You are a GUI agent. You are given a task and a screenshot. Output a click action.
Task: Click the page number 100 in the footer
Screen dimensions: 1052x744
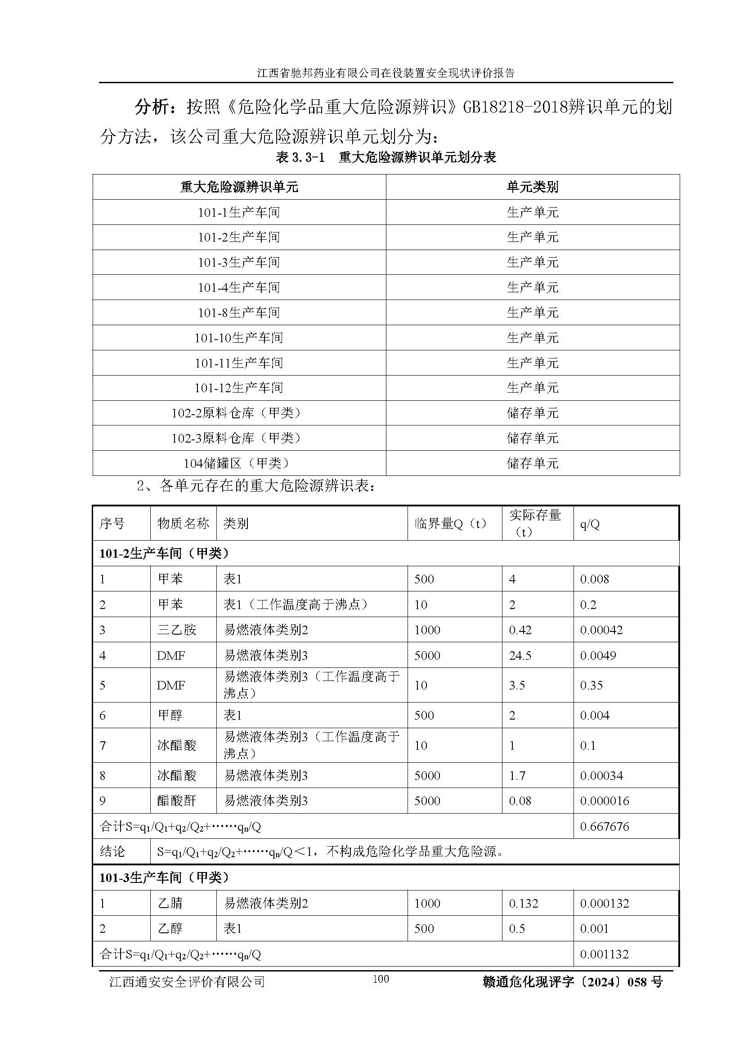(381, 979)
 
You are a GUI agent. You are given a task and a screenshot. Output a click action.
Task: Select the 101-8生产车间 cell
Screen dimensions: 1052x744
(239, 313)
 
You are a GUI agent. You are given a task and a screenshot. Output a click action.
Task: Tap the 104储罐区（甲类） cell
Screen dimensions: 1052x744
(239, 463)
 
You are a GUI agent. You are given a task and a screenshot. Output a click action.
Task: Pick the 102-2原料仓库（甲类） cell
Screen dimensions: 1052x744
(239, 413)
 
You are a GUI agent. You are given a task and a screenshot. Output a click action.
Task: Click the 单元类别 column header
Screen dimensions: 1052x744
(532, 187)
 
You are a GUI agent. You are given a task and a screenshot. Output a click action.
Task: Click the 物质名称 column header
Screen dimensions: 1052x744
(183, 523)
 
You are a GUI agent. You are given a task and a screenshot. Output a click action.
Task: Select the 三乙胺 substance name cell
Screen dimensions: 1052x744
(177, 630)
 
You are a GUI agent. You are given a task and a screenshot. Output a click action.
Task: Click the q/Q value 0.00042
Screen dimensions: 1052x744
(601, 630)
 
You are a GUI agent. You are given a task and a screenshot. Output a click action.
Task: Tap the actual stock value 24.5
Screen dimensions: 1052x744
(520, 655)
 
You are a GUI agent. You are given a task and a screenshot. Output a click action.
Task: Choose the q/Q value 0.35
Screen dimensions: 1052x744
(592, 685)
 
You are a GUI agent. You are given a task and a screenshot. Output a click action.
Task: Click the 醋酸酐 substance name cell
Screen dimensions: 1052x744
(177, 801)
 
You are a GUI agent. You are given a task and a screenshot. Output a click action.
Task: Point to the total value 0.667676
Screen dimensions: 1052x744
(604, 826)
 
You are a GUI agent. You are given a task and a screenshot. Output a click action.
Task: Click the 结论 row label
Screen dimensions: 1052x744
(112, 851)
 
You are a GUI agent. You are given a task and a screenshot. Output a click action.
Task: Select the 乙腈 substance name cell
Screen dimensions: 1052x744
(170, 903)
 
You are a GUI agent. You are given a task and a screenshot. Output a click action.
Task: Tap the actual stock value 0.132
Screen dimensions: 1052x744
(523, 903)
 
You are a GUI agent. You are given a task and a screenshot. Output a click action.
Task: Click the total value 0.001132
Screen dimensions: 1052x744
(604, 954)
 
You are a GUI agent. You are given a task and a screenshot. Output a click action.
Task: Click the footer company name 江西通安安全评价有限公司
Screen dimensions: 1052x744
(188, 981)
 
